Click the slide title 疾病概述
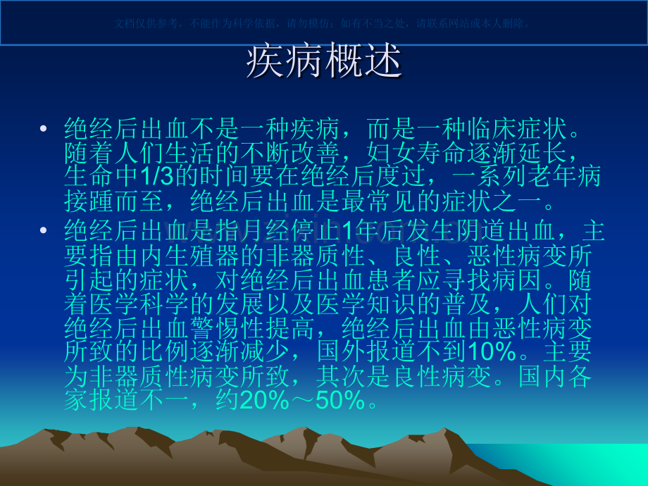pos(324,62)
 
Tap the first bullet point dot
pos(44,130)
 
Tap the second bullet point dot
pos(44,230)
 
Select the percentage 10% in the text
pos(492,351)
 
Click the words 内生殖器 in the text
pos(218,254)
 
